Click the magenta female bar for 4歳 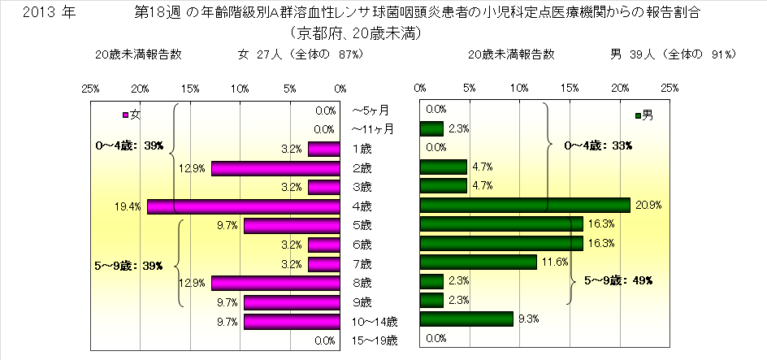(244, 206)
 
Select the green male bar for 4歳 (525, 206)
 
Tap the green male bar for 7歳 (479, 262)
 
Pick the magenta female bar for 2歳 (275, 167)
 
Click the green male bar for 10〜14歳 (466, 319)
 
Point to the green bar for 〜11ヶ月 (431, 128)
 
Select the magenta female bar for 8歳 (275, 283)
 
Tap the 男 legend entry (643, 115)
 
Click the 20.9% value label (645, 206)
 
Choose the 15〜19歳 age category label (375, 340)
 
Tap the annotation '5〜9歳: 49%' (620, 280)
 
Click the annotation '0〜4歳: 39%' (129, 146)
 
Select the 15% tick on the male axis (570, 87)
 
